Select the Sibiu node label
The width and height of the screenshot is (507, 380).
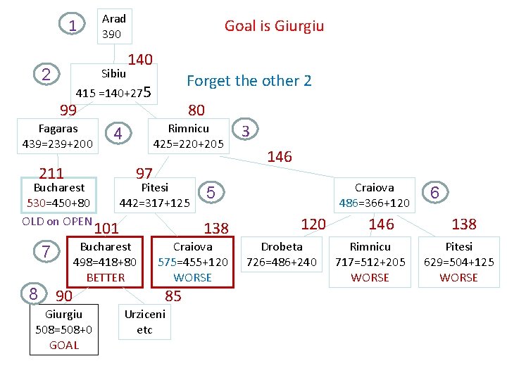(113, 73)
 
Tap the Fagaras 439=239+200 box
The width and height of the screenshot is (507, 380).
(58, 137)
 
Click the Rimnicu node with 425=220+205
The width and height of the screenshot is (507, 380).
(189, 137)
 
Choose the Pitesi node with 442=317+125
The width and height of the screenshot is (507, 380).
(155, 196)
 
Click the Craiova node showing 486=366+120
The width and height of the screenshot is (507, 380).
(374, 196)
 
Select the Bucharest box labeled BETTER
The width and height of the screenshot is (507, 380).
(106, 262)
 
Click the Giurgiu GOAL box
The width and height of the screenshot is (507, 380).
(63, 329)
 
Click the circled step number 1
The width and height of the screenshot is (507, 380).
(72, 25)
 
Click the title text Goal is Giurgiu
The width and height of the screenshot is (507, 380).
(274, 26)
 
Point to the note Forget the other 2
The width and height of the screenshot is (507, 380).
(249, 81)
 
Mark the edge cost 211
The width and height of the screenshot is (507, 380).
(51, 173)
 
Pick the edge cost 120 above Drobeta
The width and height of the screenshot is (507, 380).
(313, 224)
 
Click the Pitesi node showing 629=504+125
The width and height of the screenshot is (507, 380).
(459, 262)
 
